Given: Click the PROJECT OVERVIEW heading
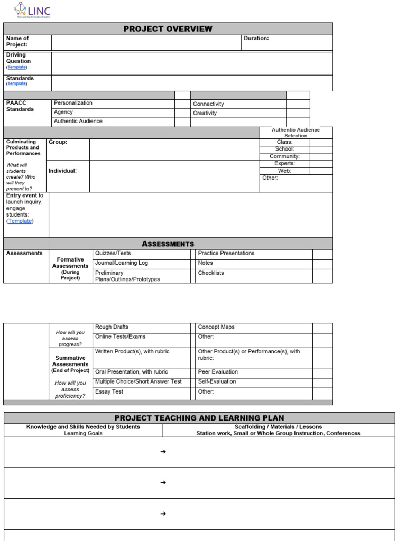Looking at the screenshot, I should [x=168, y=29].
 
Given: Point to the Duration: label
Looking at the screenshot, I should [x=256, y=39].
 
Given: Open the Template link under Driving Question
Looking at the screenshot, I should [x=16, y=67].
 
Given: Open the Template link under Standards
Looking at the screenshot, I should [x=16, y=83].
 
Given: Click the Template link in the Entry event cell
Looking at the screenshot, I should [x=20, y=221].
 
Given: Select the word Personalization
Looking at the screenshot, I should [x=73, y=103].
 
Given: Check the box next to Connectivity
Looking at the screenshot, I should [x=298, y=104].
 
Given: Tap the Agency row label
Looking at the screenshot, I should [x=63, y=112].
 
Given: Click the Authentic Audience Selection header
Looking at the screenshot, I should [x=296, y=133].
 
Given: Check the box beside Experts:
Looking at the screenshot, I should [x=321, y=164].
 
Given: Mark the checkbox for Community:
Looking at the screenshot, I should [x=321, y=156].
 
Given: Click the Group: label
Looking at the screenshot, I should [x=58, y=142].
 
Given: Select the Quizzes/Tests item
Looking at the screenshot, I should [x=113, y=253].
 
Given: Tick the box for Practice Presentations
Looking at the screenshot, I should [x=322, y=254].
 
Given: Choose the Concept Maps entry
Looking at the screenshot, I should [x=216, y=327].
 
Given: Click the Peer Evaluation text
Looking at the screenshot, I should [x=218, y=372].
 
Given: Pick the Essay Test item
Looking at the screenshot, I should [x=109, y=391].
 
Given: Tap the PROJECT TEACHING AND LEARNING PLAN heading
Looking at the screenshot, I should [x=199, y=418].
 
